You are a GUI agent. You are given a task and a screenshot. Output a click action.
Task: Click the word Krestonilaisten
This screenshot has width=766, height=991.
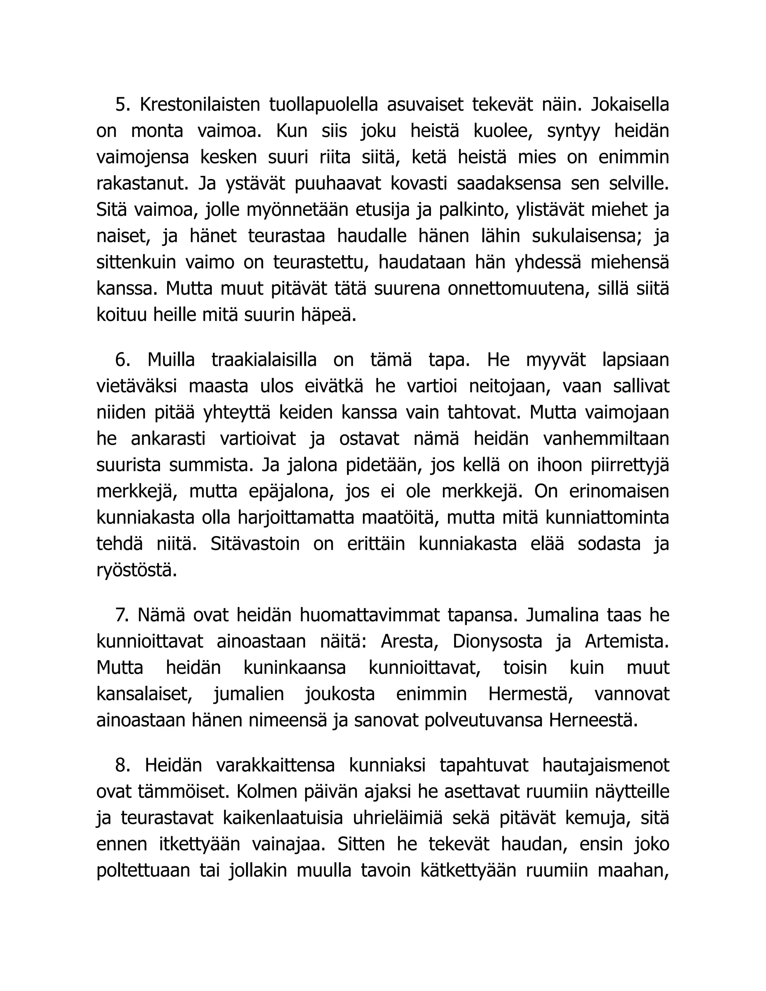[200, 105]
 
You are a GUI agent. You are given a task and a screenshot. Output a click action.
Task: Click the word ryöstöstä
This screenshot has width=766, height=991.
[137, 570]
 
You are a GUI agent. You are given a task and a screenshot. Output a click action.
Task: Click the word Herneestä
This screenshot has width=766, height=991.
[593, 721]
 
